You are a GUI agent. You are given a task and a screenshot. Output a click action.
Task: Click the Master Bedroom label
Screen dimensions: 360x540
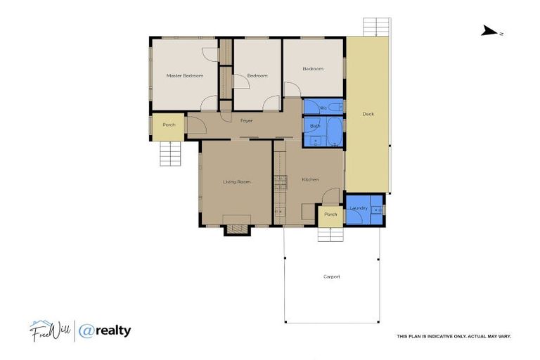tap(185, 75)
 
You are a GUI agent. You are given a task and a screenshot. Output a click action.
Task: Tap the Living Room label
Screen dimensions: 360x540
tap(237, 182)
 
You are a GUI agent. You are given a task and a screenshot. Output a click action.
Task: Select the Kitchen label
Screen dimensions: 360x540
tap(310, 180)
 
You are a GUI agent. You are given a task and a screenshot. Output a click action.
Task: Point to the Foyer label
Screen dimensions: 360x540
tap(246, 121)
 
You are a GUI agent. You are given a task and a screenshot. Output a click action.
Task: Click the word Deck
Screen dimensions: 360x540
tap(368, 114)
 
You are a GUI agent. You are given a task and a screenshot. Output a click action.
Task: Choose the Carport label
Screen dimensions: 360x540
tap(331, 276)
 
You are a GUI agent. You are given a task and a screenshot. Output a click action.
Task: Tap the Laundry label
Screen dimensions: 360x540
tap(359, 209)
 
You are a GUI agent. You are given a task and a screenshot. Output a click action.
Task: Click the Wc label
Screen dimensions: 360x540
tap(323, 108)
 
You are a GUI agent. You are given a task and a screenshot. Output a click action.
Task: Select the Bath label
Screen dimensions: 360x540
tap(315, 127)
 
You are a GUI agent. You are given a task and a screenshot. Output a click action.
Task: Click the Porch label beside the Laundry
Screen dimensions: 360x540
tap(330, 214)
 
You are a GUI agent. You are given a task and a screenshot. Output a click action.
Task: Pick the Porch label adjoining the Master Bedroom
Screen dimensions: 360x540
tap(169, 125)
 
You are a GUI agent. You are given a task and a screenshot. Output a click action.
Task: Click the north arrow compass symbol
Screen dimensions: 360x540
tap(490, 31)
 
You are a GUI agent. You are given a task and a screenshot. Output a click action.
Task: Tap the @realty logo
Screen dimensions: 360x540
tap(105, 330)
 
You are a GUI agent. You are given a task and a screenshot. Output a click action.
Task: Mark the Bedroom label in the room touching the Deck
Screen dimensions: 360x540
tap(313, 69)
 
